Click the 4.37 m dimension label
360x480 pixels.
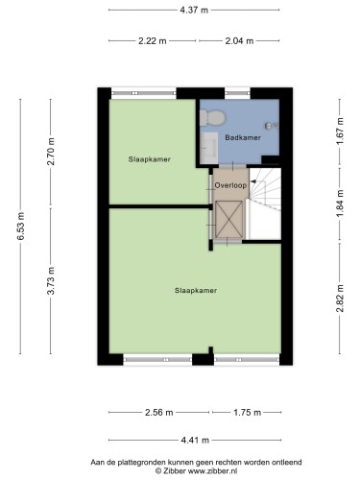click(194, 11)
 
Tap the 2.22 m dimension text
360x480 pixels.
click(153, 41)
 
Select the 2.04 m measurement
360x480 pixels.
click(239, 41)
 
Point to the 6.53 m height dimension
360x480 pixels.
click(21, 226)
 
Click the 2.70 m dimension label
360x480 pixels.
click(51, 151)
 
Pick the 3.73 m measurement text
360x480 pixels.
click(51, 280)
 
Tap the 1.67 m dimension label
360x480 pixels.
click(340, 131)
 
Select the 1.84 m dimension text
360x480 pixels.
click(340, 204)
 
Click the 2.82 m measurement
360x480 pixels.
click(340, 299)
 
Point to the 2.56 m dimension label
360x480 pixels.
click(159, 413)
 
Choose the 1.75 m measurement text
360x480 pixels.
click(247, 413)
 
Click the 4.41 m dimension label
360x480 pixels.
click(195, 441)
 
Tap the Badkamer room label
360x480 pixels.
click(243, 137)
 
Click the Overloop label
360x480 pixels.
click(230, 185)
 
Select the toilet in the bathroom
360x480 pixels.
click(213, 117)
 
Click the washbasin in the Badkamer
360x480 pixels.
click(210, 147)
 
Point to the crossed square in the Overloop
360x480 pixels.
click(228, 219)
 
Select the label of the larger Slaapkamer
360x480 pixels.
click(196, 291)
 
